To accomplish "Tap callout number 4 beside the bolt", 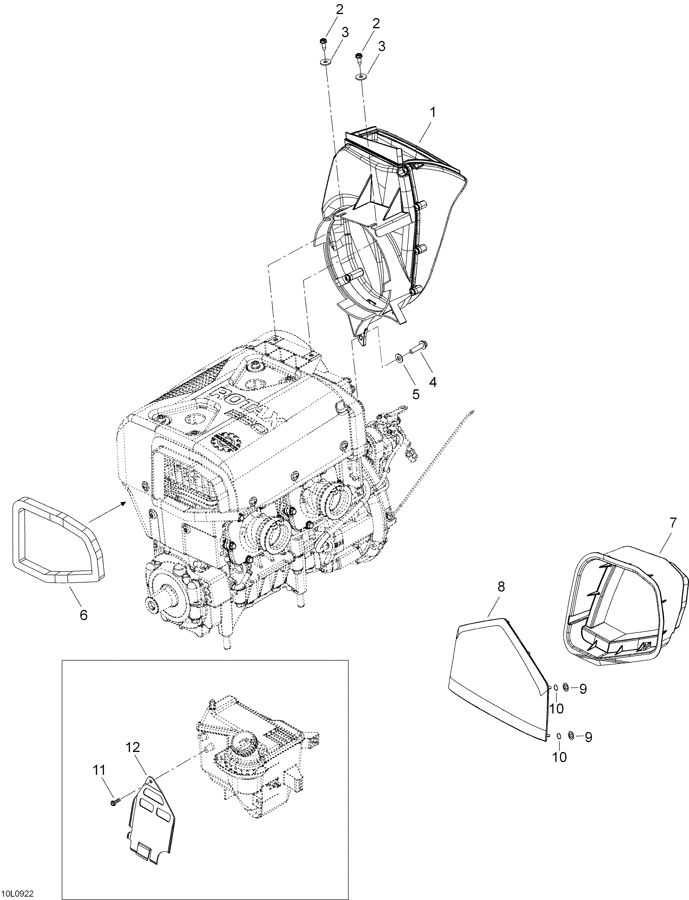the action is click(x=433, y=382).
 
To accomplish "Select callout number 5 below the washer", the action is click(x=416, y=395).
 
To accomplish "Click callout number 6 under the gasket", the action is click(x=84, y=615).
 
